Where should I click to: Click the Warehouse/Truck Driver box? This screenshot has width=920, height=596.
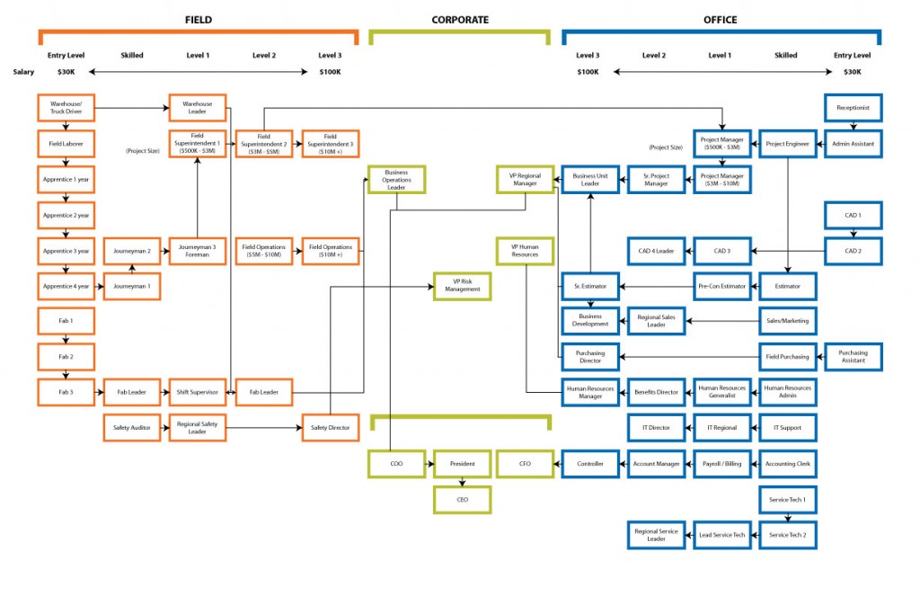point(66,109)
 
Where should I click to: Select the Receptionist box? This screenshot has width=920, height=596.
point(853,109)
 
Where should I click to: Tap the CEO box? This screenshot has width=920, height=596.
point(463,500)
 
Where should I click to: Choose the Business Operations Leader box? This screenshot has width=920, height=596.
point(396,180)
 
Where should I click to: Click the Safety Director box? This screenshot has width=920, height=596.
point(330,428)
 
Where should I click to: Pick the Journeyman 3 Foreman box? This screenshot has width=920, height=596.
point(197,251)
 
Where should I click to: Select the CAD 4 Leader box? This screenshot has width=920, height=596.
point(657,251)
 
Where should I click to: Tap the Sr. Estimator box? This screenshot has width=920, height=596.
point(590,286)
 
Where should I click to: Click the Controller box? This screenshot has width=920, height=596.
point(590,464)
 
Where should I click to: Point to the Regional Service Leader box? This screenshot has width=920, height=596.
point(657,535)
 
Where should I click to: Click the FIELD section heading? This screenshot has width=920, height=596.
point(199,19)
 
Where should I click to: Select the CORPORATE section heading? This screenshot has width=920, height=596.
point(460,19)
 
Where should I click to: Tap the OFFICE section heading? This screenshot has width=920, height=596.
point(721,19)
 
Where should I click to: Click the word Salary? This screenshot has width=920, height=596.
point(23,72)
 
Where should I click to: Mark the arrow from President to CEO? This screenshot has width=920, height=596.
point(463,482)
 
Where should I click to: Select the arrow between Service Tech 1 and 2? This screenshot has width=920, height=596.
point(787,517)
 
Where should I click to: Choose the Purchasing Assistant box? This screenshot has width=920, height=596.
point(853,357)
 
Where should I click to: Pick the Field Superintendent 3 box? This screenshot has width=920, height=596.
point(330,144)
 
